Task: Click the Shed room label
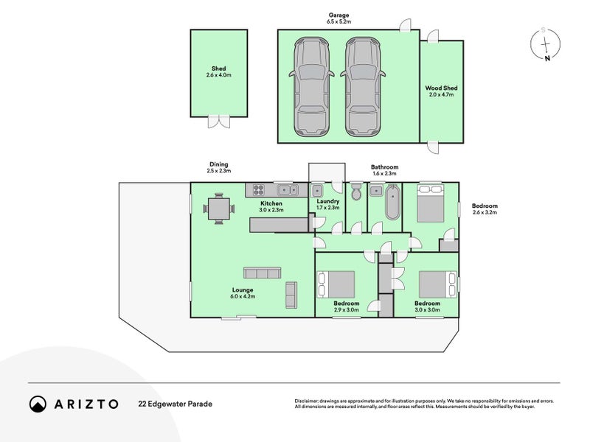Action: point(218,69)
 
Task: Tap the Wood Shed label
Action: point(441,88)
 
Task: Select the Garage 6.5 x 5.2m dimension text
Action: point(339,21)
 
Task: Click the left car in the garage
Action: point(311,86)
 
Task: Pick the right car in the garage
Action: point(363,86)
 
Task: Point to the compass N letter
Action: point(547,58)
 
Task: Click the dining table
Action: point(219,208)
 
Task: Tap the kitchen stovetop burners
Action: point(259,190)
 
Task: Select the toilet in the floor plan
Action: point(355,192)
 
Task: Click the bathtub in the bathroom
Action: point(392,202)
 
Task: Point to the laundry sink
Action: point(317,191)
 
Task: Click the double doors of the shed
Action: point(218,122)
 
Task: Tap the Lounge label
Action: point(243,290)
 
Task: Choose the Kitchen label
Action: point(271,203)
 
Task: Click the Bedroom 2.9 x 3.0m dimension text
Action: point(346,309)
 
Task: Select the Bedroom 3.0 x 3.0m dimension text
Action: point(428,309)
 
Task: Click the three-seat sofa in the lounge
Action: point(262,273)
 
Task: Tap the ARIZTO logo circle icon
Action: point(38,404)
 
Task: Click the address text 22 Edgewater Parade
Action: point(176,404)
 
